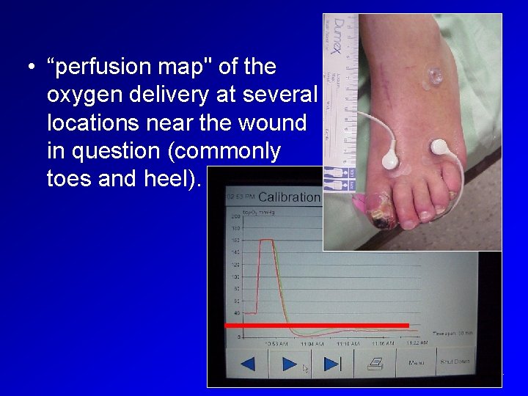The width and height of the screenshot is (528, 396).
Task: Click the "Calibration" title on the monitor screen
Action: (x=289, y=197)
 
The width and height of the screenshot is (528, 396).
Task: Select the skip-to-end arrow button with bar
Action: (x=331, y=364)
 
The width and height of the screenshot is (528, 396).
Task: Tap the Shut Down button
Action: (x=455, y=362)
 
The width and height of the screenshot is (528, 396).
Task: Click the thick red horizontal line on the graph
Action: (x=316, y=324)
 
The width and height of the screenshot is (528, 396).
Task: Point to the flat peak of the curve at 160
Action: (x=267, y=240)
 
